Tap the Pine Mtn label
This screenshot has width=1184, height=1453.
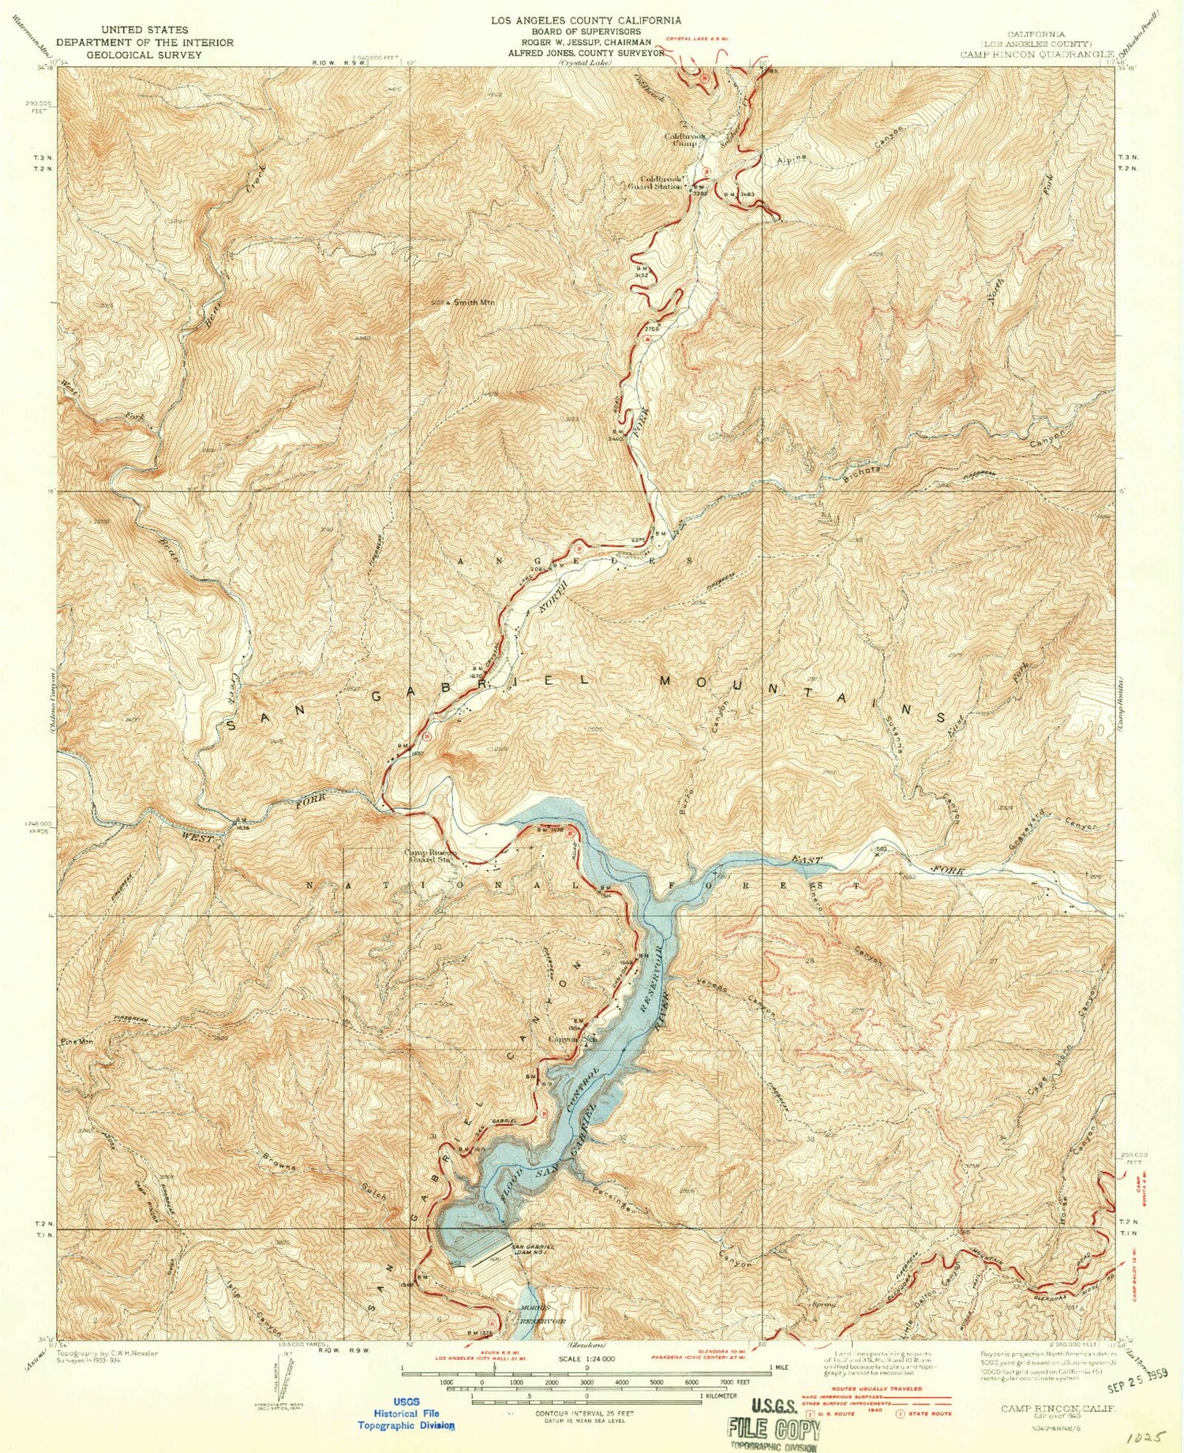pos(77,1042)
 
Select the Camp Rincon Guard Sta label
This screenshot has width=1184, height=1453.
pos(430,856)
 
